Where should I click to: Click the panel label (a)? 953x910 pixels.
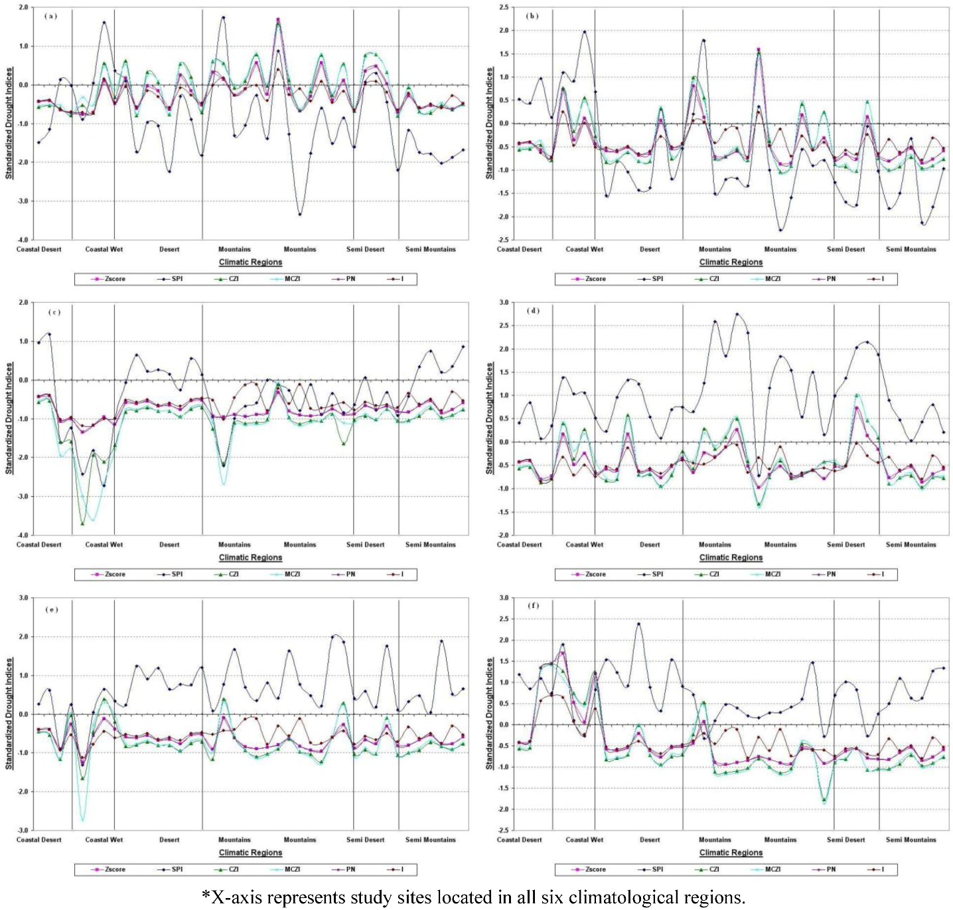[50, 16]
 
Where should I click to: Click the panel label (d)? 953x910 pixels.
[532, 310]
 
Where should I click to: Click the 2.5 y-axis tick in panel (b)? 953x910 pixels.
[504, 8]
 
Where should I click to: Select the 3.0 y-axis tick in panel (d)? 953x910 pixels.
[504, 303]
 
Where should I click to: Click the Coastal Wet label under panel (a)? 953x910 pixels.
[104, 249]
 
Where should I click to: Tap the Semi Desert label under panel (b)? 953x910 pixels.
[845, 249]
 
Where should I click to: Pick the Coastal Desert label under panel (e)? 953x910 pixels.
[38, 840]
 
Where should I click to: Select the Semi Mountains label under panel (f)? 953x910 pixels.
[911, 840]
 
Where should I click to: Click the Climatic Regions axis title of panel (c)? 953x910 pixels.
[250, 557]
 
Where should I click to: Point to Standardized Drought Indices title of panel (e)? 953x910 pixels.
[9, 713]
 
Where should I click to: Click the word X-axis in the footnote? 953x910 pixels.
[236, 897]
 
